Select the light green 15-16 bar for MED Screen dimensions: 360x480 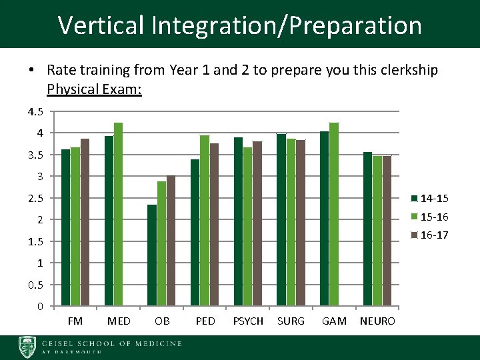click(119, 214)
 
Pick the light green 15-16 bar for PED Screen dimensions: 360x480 click(205, 221)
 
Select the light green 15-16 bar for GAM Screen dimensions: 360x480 click(334, 214)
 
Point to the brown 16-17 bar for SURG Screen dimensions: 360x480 click(300, 223)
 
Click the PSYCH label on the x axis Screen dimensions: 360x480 click(248, 321)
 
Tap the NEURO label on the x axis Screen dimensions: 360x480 click(377, 321)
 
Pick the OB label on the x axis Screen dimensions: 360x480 click(162, 321)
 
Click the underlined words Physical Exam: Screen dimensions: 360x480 click(94, 89)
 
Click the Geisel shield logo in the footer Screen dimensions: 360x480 click(28, 347)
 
